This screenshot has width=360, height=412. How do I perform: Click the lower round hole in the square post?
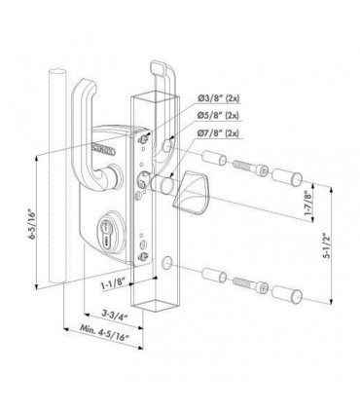click(x=169, y=262)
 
